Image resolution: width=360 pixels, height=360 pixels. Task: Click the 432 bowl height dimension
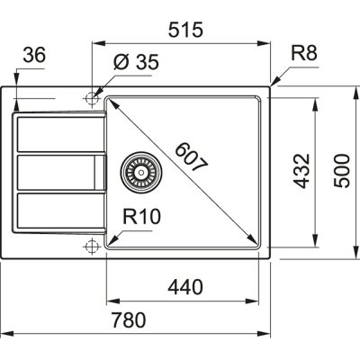[303, 167]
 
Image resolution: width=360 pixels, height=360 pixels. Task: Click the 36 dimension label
[32, 56]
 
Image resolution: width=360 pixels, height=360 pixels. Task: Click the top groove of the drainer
[54, 134]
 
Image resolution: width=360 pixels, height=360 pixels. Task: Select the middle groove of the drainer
[54, 173]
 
